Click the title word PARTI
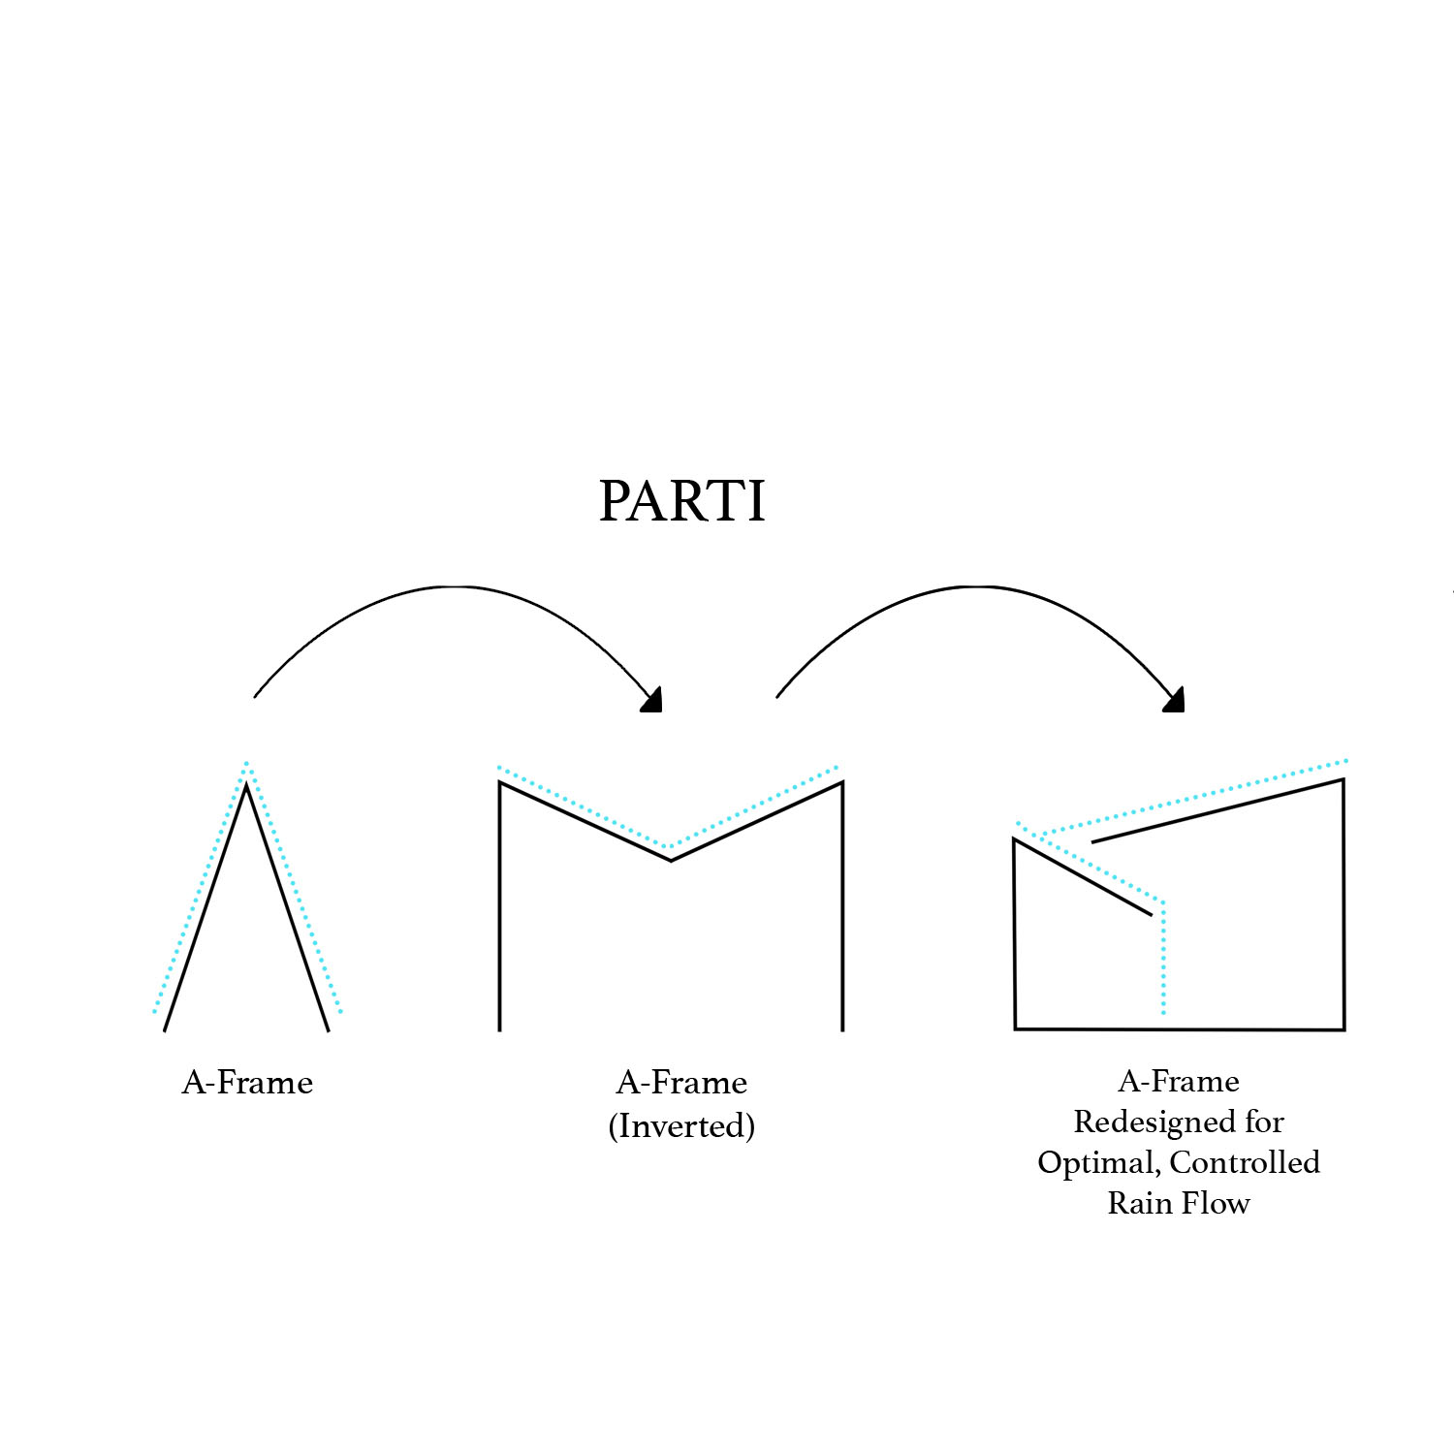coord(681,502)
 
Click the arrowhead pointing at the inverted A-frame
coord(653,701)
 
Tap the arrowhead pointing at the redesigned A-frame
coord(1176,701)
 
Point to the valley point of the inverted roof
coord(671,859)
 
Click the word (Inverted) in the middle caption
coord(681,1126)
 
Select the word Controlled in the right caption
coord(1245,1162)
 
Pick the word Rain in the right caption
coord(1138,1203)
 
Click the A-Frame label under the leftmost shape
coord(247,1082)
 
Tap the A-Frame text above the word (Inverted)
coord(681,1082)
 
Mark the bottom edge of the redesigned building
coord(1179,1028)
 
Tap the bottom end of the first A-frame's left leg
coord(166,1028)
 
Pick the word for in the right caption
coord(1264,1122)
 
